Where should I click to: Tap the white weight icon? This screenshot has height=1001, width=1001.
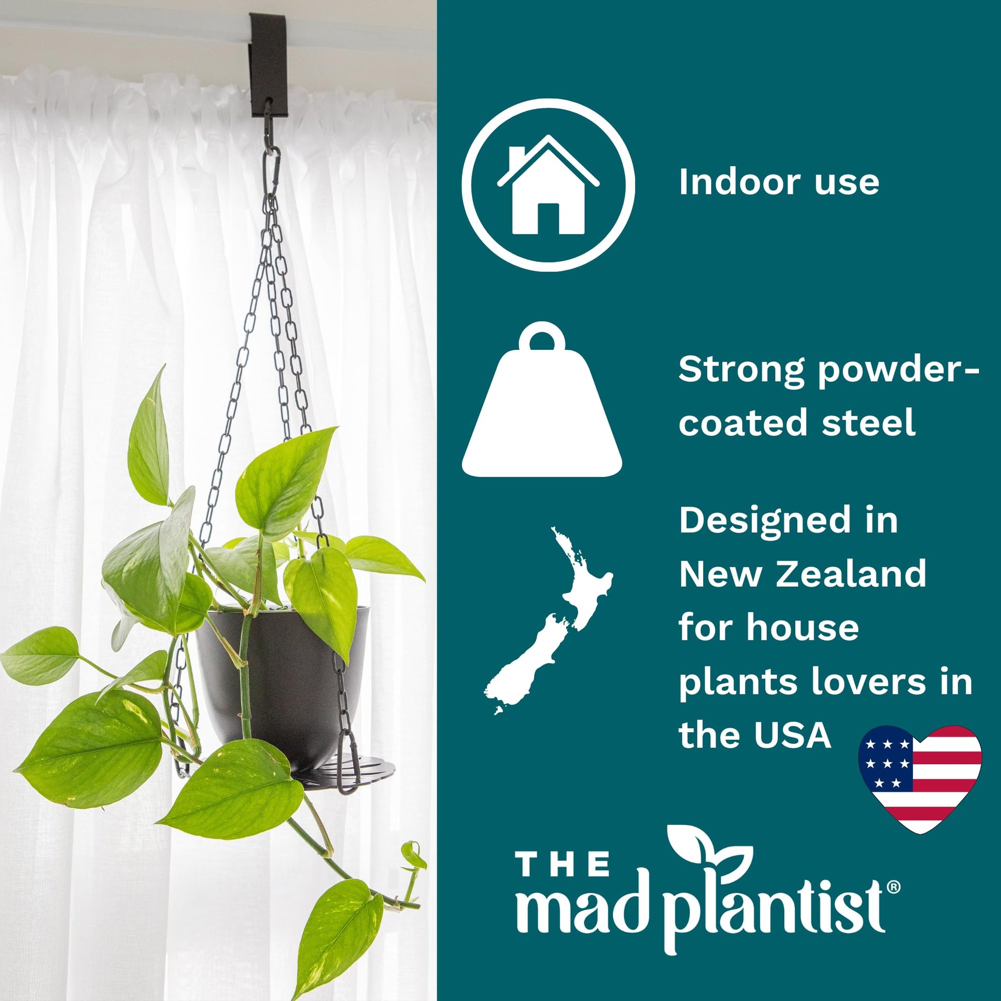(542, 400)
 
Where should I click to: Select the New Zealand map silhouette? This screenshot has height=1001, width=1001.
(548, 621)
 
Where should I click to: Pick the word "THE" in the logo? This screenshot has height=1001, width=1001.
(564, 865)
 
